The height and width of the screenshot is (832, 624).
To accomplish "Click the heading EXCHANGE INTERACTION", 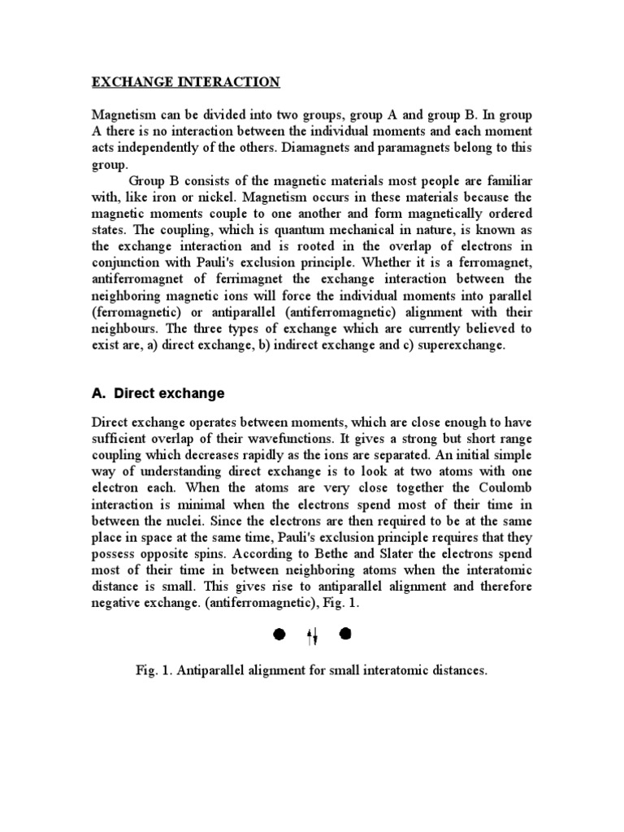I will [x=185, y=82].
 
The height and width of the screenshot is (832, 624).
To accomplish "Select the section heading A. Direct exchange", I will [x=158, y=393].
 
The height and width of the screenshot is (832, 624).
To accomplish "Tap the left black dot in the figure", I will [x=279, y=635].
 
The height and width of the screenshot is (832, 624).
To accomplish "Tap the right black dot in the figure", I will [x=345, y=635].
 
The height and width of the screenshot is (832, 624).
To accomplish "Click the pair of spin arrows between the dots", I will [x=312, y=635].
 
